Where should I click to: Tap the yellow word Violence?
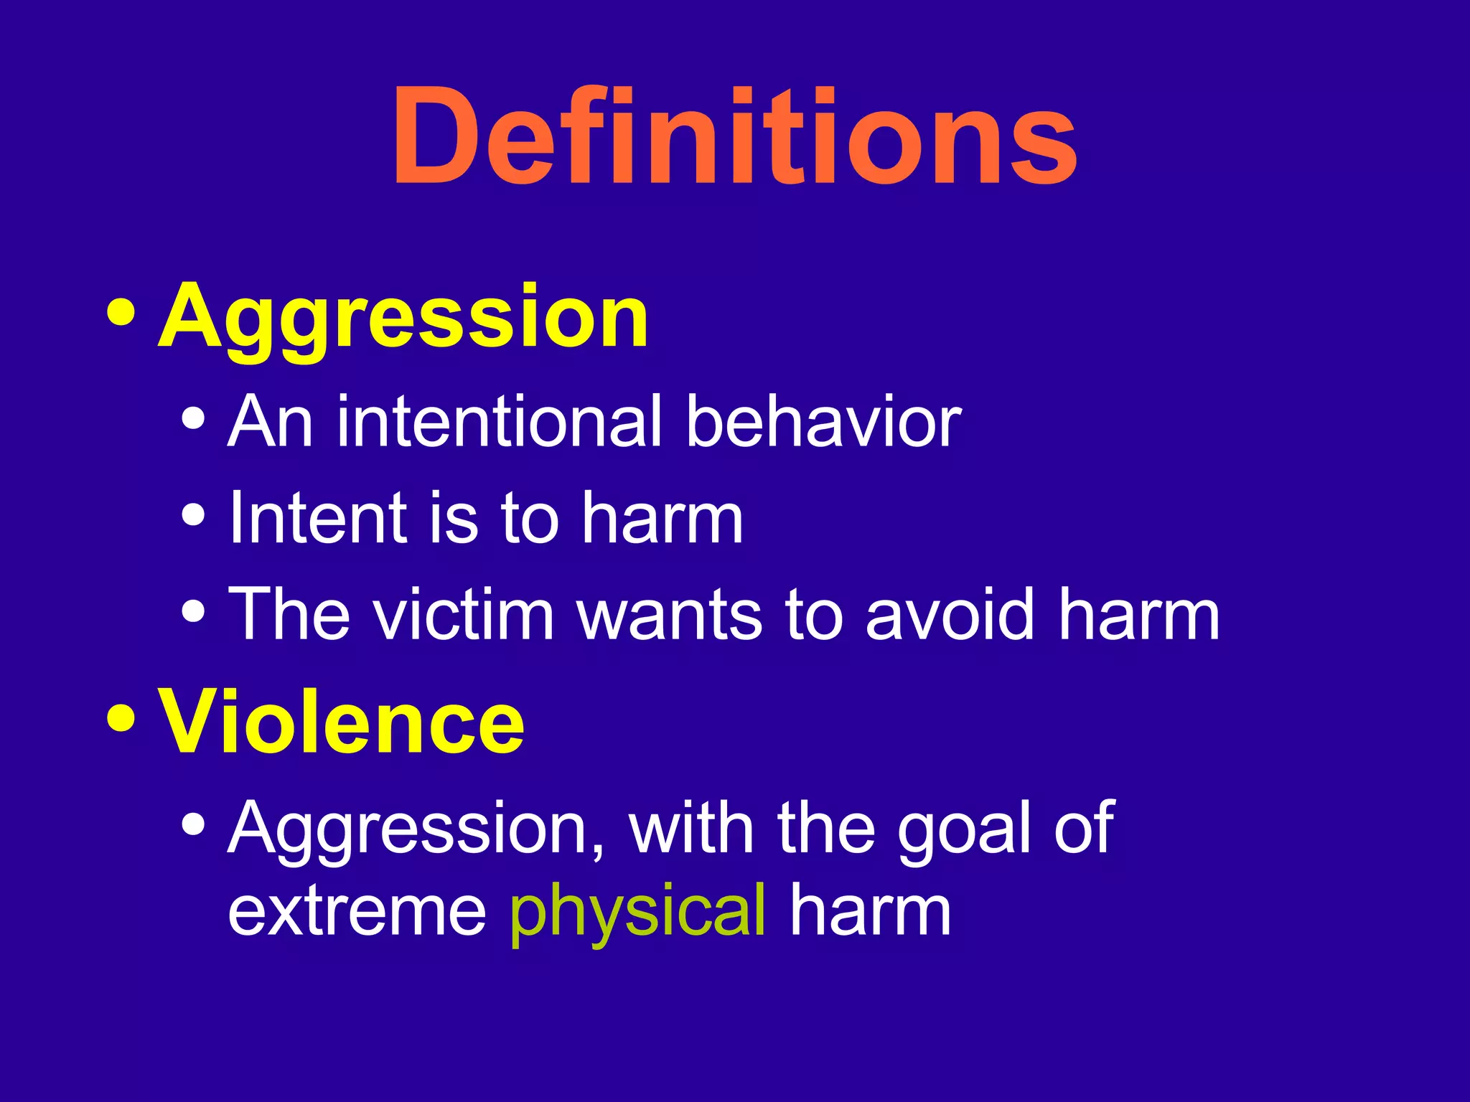342,722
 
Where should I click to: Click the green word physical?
637,913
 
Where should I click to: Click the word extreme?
357,913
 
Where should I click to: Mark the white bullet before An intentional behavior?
194,418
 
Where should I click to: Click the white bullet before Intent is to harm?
194,514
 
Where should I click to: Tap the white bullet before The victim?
194,611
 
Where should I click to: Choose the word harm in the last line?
870,913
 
